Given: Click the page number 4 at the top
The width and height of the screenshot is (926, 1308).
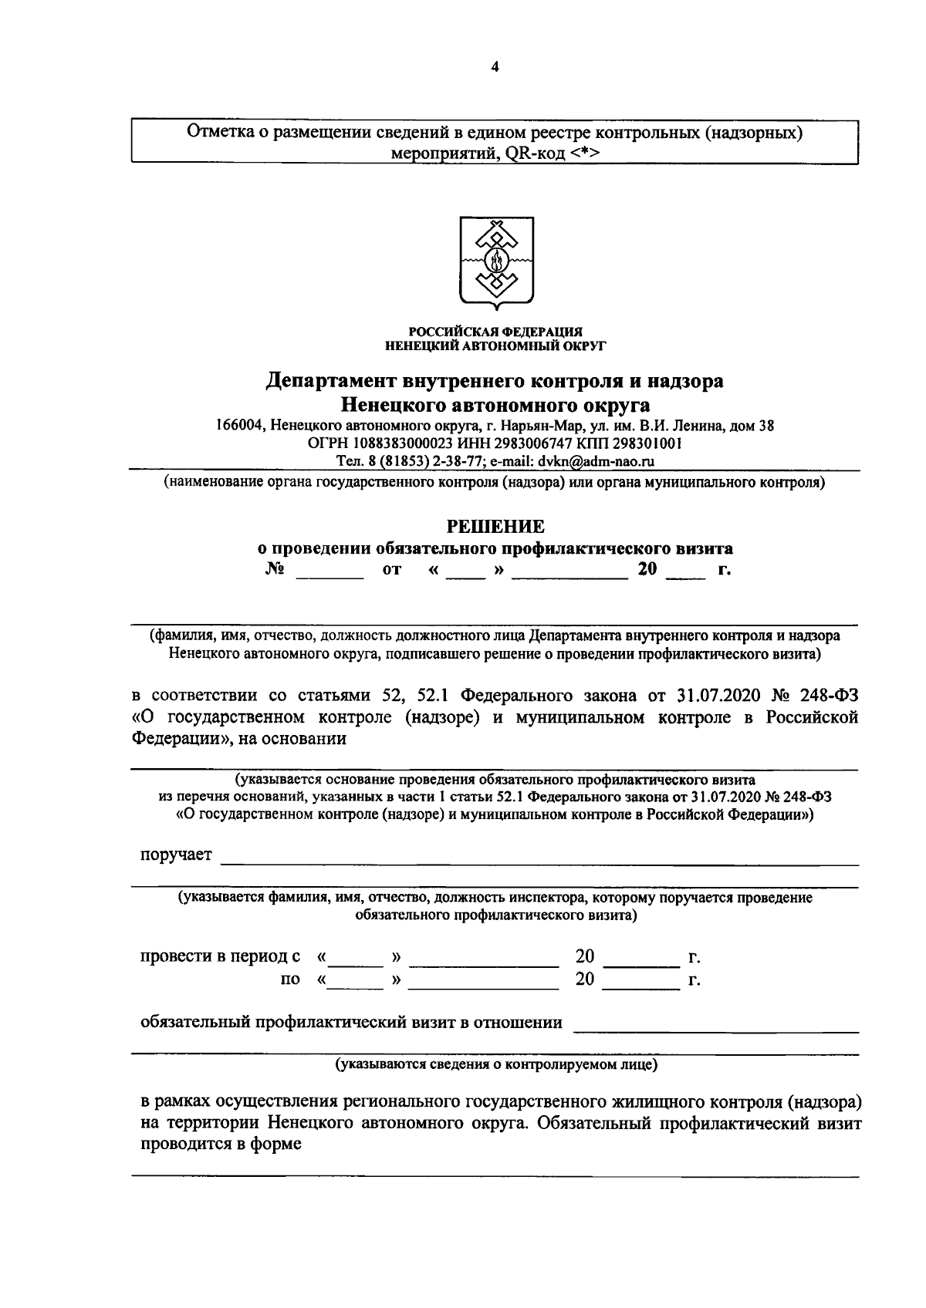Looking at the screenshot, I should click(495, 67).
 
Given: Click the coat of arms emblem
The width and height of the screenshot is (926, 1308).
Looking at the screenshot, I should click(495, 262).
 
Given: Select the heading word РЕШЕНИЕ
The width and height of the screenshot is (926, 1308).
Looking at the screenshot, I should click(496, 527).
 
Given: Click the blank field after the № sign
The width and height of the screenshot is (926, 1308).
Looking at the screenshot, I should click(330, 572).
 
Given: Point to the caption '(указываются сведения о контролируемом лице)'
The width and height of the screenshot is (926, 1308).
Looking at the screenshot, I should click(495, 1065).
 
